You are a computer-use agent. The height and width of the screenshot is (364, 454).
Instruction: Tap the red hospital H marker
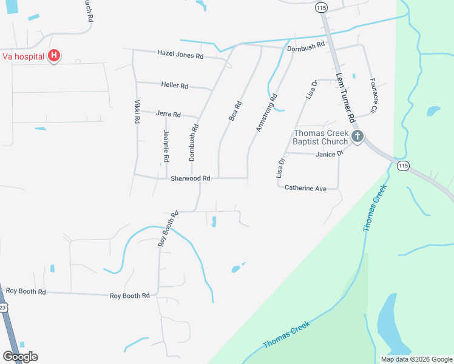54,56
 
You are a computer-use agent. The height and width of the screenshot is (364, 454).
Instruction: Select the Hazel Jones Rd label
180,55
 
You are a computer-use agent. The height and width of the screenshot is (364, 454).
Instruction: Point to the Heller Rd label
174,86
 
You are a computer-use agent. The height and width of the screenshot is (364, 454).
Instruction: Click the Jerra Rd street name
168,114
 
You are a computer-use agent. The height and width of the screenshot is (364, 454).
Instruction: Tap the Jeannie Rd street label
166,146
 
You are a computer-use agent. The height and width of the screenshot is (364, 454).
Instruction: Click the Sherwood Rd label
190,178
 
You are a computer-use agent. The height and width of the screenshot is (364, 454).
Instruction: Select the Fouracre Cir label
374,95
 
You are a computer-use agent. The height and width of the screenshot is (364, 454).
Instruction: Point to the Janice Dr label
330,154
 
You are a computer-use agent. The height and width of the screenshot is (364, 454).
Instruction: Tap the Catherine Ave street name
305,189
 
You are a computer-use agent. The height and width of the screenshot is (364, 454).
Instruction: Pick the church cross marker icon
357,137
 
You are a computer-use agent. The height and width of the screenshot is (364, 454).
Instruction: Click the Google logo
20,356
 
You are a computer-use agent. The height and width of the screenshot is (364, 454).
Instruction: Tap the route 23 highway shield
3,308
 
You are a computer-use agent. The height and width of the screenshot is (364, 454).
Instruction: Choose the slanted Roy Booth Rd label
169,227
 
